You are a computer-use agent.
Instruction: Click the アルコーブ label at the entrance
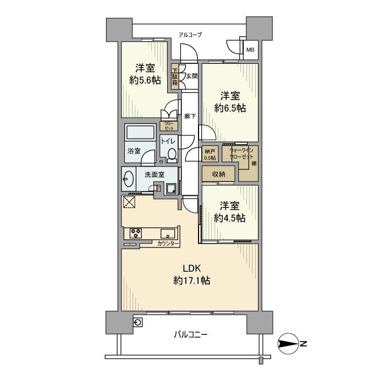click(190, 35)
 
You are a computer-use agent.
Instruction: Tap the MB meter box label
click(250, 50)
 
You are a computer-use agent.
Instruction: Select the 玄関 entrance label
click(191, 76)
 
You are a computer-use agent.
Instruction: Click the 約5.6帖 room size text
click(145, 80)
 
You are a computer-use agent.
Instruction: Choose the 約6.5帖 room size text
click(229, 108)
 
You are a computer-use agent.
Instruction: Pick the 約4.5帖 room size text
click(229, 218)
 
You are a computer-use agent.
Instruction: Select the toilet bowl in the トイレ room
click(172, 155)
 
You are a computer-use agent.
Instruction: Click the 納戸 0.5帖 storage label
click(210, 155)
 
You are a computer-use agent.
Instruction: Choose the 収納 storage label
click(218, 174)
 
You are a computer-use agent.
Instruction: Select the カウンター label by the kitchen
click(167, 243)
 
